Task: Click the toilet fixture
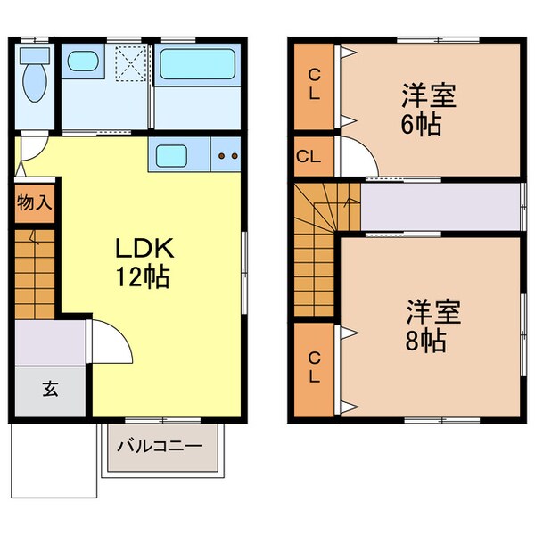[35, 76]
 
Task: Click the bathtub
[196, 65]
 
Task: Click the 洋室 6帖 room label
[428, 110]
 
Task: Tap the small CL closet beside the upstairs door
[309, 156]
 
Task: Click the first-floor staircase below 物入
[36, 272]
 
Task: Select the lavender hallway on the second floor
[440, 206]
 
